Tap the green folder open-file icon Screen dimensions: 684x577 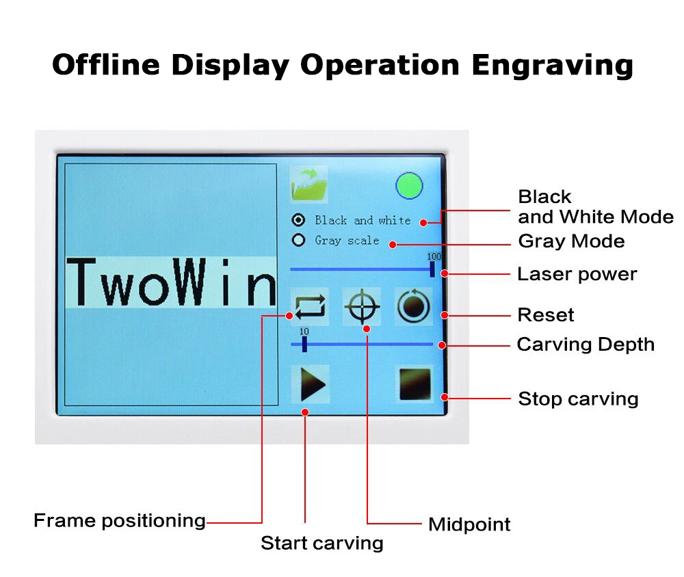click(309, 185)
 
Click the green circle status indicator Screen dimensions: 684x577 click(409, 186)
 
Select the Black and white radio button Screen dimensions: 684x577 click(298, 220)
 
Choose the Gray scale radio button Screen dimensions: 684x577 click(298, 240)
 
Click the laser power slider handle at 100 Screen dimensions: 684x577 click(432, 269)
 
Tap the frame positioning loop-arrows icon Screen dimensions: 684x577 click(310, 306)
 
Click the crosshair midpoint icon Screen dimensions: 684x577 click(362, 306)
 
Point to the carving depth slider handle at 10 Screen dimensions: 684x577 click(304, 344)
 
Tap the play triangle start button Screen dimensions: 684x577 click(311, 384)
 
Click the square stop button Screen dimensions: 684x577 click(415, 384)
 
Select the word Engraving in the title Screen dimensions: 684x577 click(552, 66)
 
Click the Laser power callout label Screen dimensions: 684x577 click(577, 274)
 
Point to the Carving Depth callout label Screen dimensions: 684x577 click(586, 345)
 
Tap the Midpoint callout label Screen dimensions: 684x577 click(469, 524)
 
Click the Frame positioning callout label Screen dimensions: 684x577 click(120, 521)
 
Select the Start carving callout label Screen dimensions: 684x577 click(322, 544)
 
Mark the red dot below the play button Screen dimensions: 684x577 click(305, 412)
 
